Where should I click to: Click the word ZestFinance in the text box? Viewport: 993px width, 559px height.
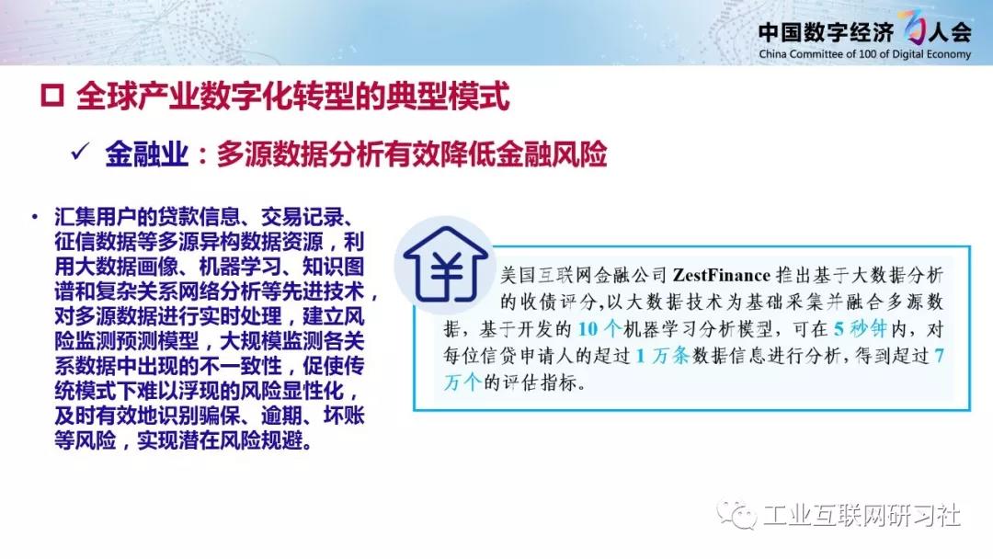[x=722, y=276]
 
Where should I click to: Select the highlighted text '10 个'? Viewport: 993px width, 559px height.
[x=599, y=329]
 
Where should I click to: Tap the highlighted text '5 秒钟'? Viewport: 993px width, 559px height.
[x=860, y=329]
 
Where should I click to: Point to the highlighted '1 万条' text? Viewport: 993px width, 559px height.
[x=662, y=356]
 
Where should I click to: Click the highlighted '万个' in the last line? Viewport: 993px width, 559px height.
[x=462, y=382]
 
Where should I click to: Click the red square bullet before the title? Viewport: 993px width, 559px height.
[x=51, y=96]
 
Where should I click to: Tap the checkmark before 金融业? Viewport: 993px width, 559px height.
[x=81, y=152]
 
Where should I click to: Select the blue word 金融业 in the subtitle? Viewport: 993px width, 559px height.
[x=147, y=154]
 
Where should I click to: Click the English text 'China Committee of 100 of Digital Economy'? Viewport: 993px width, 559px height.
[x=864, y=54]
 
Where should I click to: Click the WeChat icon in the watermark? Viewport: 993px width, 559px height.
[x=736, y=515]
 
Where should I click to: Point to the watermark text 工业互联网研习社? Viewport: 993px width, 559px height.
[x=862, y=515]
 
